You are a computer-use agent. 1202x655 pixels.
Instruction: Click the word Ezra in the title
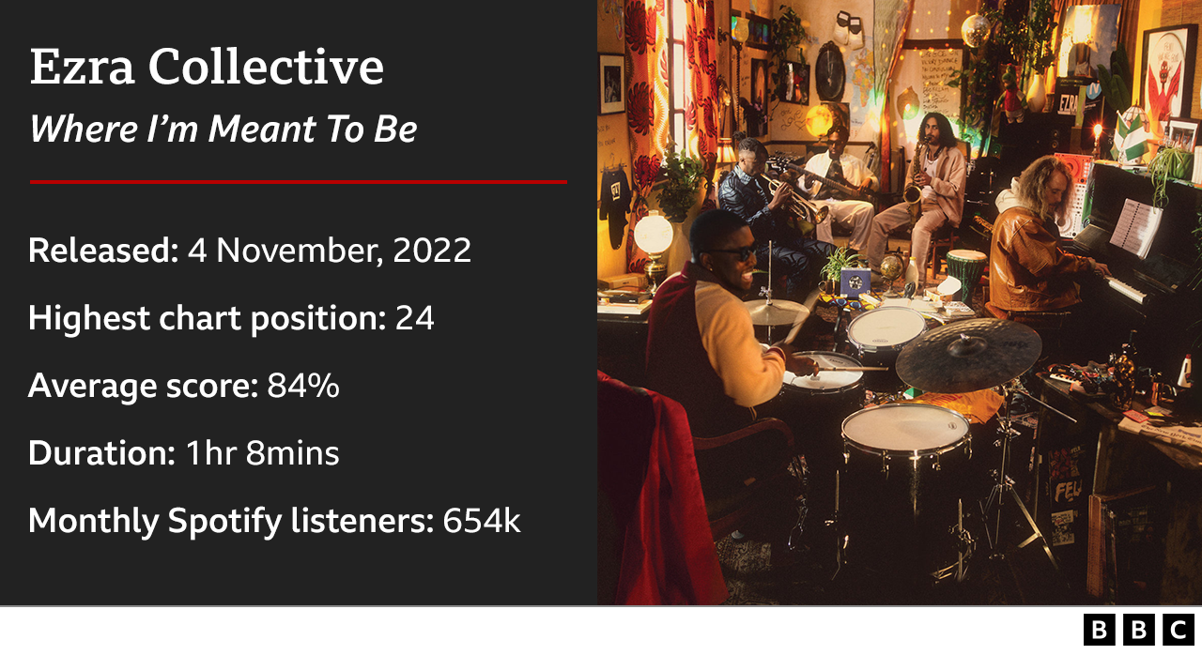click(83, 68)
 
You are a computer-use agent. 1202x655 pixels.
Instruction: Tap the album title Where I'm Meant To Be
click(223, 129)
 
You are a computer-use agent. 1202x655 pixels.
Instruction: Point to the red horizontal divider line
click(298, 181)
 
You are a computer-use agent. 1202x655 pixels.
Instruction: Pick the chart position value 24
click(414, 319)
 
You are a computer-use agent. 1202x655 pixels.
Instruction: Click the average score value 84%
click(303, 386)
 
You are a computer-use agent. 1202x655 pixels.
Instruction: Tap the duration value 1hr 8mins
click(262, 453)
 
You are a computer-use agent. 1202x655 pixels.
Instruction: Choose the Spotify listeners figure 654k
click(481, 521)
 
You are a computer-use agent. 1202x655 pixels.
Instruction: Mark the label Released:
click(102, 251)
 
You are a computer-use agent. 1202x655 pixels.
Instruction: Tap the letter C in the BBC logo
click(1178, 630)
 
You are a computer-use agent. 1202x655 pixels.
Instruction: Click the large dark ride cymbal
click(967, 354)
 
